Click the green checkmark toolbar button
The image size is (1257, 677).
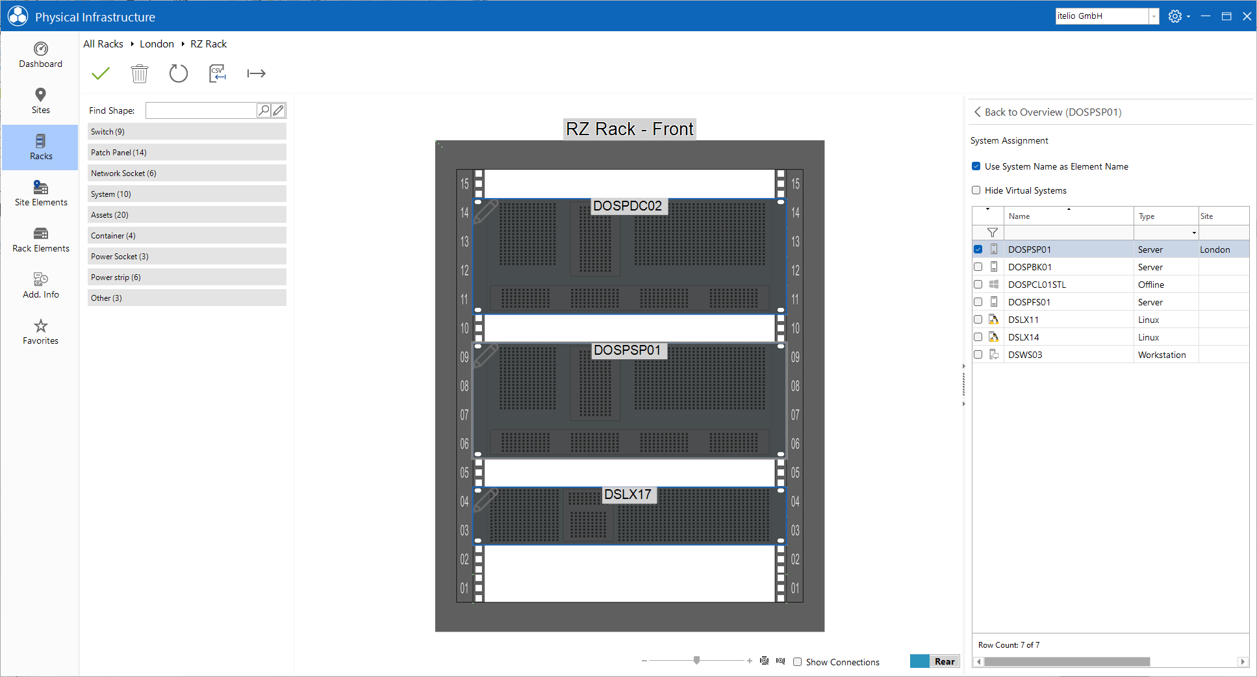tap(101, 73)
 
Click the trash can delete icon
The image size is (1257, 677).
tap(140, 73)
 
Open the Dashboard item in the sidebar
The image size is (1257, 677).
tap(40, 55)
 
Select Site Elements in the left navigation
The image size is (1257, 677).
tap(40, 194)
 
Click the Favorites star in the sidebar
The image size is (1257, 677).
tap(40, 331)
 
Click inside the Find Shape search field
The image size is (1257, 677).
tap(201, 110)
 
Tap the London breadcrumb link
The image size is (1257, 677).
tap(157, 44)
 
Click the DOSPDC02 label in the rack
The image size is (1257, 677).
tap(628, 206)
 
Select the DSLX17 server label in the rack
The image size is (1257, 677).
tap(628, 494)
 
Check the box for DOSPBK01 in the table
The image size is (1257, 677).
tap(978, 267)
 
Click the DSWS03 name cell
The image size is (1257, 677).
tap(1025, 355)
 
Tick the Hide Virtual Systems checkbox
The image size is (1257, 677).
tap(976, 190)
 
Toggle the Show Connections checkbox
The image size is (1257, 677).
tap(797, 662)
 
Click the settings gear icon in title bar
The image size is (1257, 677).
tap(1174, 16)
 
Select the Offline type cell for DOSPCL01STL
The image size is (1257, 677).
tap(1150, 285)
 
